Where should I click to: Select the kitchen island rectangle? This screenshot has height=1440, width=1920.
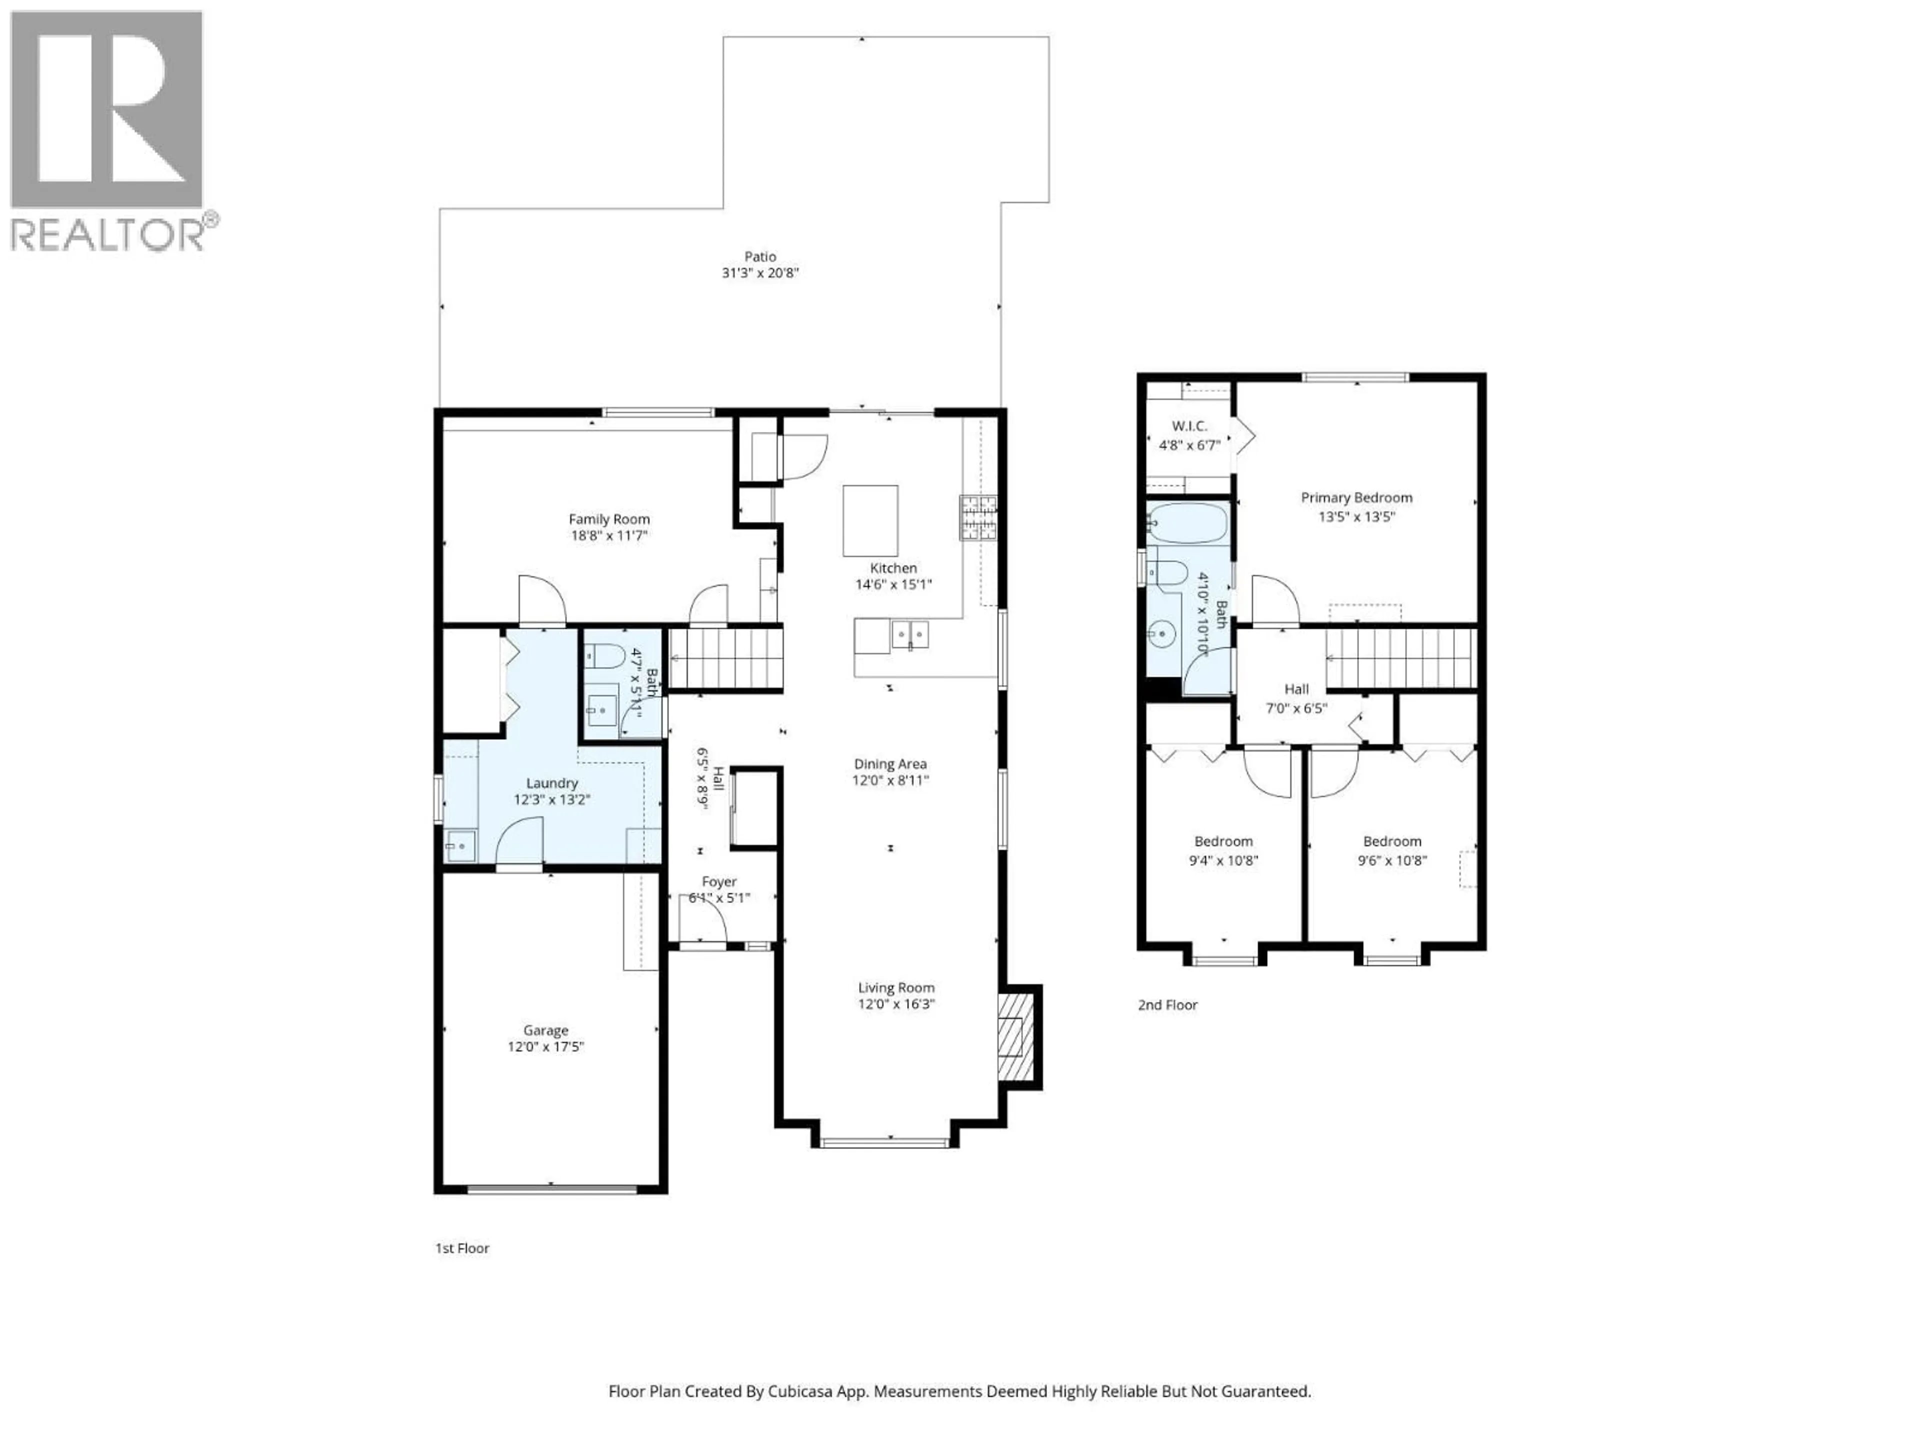point(869,521)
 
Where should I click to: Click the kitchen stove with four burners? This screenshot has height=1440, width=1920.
point(977,517)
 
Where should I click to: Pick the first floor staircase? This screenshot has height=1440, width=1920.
point(725,659)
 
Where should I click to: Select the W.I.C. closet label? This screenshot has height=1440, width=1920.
point(1188,426)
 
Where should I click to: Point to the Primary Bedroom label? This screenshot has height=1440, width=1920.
point(1356,497)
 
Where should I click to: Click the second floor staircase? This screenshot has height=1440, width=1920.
point(1401,658)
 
